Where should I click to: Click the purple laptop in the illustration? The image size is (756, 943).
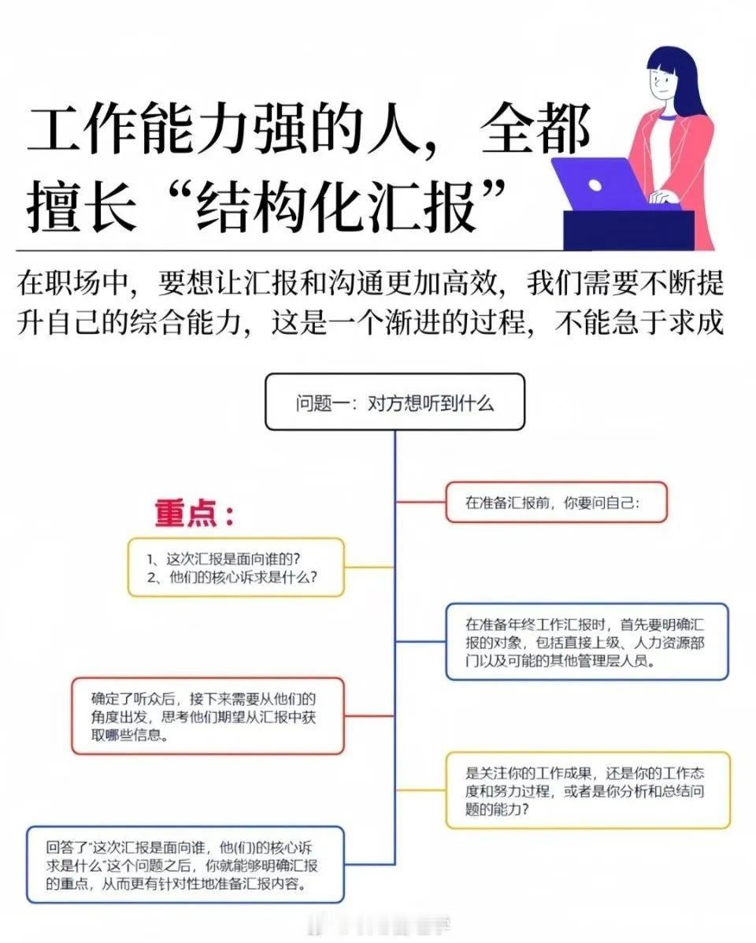[x=600, y=184]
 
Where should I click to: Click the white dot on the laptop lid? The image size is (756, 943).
[x=595, y=184]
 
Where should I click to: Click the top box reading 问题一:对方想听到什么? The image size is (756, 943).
[x=395, y=402]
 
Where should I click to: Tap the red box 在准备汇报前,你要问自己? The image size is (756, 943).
[x=556, y=502]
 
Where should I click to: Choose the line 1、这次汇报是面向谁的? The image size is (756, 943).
[x=224, y=559]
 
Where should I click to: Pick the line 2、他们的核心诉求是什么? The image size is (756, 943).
[x=232, y=577]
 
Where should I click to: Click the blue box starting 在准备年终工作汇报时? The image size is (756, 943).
[x=587, y=642]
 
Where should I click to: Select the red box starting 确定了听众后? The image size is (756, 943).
[x=208, y=715]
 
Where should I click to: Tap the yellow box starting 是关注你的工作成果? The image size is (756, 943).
[x=587, y=790]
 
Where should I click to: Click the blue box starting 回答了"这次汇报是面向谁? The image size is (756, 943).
[x=185, y=865]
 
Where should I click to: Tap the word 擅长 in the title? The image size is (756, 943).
[x=81, y=208]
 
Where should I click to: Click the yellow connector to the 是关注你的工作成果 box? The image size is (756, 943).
[x=421, y=790]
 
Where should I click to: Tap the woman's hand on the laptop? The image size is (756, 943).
[x=664, y=196]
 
